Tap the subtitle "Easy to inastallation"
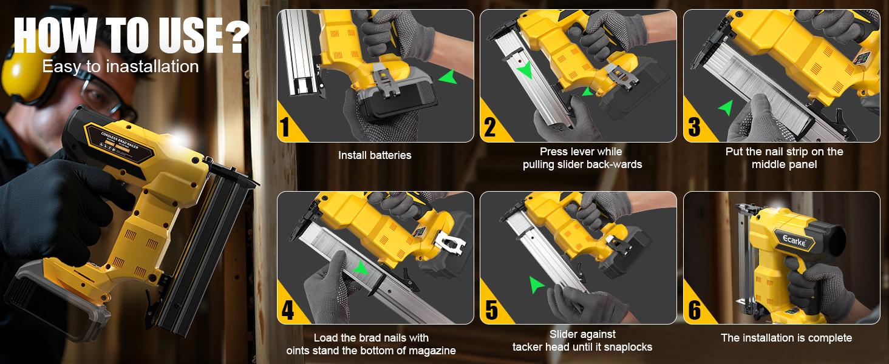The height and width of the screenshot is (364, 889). click(120, 66)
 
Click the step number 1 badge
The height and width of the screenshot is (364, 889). click(285, 127)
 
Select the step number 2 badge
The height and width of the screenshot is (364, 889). click(489, 127)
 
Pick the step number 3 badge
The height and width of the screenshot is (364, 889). click(693, 127)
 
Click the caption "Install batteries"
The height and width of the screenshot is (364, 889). click(375, 155)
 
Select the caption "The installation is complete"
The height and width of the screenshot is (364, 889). click(786, 338)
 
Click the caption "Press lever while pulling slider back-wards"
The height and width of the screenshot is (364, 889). click(582, 158)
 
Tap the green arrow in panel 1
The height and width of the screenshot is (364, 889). click(448, 77)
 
